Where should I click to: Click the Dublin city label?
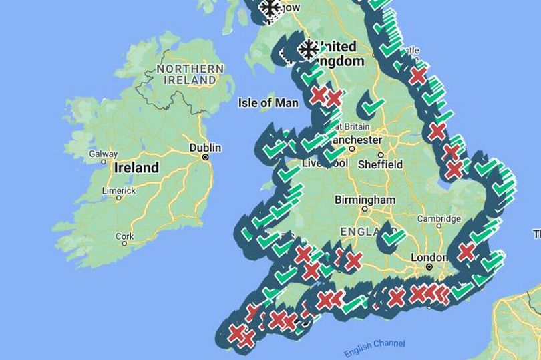coord(205,148)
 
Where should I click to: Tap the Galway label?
coord(103,154)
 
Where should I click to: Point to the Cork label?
coord(124,236)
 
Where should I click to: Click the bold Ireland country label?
coord(136,167)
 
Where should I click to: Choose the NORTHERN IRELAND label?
coord(190,74)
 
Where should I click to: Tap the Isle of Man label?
coord(265,103)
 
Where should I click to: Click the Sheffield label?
coord(380,164)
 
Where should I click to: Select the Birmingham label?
coord(365,200)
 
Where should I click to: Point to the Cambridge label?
coord(439,218)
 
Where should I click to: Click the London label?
coord(429,257)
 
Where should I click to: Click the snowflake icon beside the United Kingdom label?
coord(308,49)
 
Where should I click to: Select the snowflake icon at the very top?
coord(270,9)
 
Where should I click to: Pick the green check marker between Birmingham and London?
coord(393,237)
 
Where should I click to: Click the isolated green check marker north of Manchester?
coord(372,106)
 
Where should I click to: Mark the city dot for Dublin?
coord(205,157)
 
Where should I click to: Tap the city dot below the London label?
coord(429,266)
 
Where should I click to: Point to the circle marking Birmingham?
coord(365,209)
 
